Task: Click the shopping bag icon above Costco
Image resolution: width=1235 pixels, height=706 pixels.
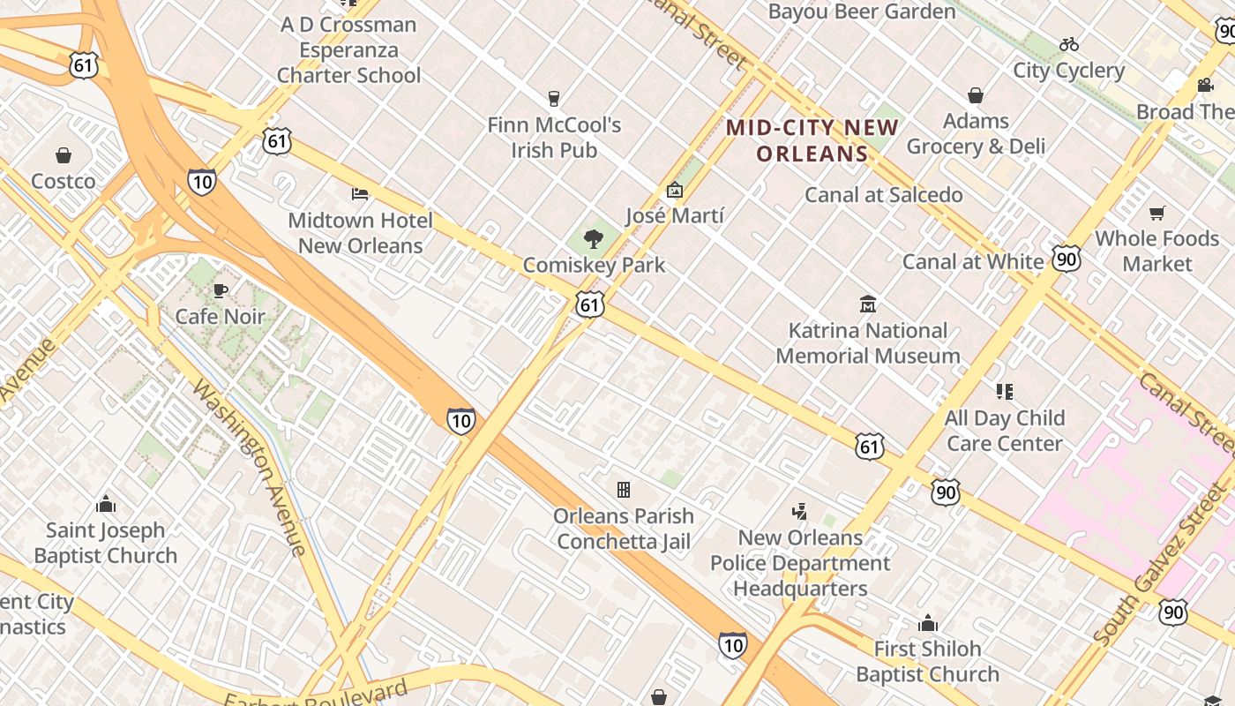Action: pyautogui.click(x=64, y=156)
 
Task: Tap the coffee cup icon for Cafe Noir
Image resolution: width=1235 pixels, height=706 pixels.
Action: pyautogui.click(x=221, y=291)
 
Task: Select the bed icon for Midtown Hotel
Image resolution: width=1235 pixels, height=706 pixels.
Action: pyautogui.click(x=360, y=193)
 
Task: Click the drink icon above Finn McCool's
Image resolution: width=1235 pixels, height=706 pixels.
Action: pyautogui.click(x=554, y=99)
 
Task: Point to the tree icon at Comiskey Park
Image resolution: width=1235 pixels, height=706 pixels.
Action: pyautogui.click(x=594, y=238)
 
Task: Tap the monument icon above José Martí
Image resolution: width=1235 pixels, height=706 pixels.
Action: pyautogui.click(x=675, y=190)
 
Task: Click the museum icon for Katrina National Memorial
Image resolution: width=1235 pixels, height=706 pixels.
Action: pyautogui.click(x=868, y=304)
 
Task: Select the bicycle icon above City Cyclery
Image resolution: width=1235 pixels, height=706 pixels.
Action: pyautogui.click(x=1069, y=44)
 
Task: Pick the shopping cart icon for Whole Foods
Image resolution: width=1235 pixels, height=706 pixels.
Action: pyautogui.click(x=1156, y=213)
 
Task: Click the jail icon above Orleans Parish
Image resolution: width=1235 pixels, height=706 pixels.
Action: pyautogui.click(x=624, y=490)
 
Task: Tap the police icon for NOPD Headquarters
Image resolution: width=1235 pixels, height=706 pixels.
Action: pyautogui.click(x=800, y=512)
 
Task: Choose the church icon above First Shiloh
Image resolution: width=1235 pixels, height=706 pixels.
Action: pyautogui.click(x=927, y=624)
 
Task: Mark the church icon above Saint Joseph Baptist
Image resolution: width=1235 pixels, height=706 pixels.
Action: pyautogui.click(x=106, y=505)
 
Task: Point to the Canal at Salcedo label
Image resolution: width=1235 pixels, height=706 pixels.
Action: pyautogui.click(x=883, y=195)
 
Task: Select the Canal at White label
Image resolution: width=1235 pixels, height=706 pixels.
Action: pyautogui.click(x=972, y=261)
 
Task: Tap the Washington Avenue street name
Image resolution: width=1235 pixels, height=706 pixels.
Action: pyautogui.click(x=250, y=468)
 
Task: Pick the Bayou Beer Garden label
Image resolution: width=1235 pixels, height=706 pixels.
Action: pyautogui.click(x=862, y=11)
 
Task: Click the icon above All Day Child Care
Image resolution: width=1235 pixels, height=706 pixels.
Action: pyautogui.click(x=1004, y=391)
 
